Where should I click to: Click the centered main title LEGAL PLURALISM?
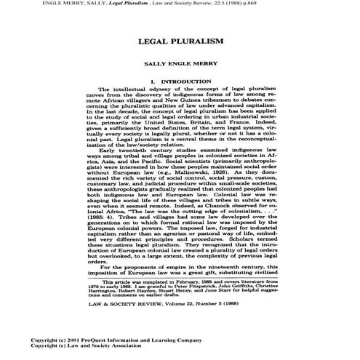180,43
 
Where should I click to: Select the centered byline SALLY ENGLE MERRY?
180,65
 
